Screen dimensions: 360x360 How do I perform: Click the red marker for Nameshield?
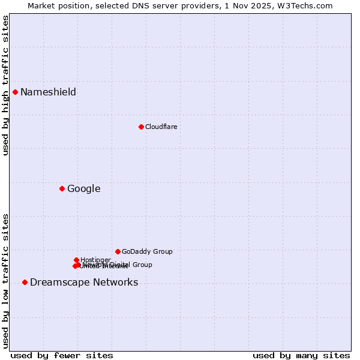[x=16, y=92]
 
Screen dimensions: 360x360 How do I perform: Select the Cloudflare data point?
[x=141, y=127]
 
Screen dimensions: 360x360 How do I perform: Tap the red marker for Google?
[x=62, y=188]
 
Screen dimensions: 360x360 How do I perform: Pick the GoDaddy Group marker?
[x=118, y=251]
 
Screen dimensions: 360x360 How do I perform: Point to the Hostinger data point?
[x=77, y=260]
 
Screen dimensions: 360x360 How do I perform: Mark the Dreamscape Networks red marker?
[x=25, y=282]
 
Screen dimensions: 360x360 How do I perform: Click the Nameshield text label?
[x=48, y=92]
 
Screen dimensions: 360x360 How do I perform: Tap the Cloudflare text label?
[x=161, y=127]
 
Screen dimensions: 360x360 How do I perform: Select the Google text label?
[x=83, y=188]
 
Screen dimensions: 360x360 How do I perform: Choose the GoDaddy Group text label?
[x=147, y=251]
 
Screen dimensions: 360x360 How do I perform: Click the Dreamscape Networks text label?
[x=84, y=282]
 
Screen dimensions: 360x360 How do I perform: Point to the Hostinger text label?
[x=95, y=260]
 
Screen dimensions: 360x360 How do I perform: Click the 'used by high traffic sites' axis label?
[x=5, y=85]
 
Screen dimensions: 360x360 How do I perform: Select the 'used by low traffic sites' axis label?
[x=5, y=281]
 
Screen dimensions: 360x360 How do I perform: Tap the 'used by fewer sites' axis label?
[x=62, y=355]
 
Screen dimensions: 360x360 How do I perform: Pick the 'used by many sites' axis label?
[x=301, y=355]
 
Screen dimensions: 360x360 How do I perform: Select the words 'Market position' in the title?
[x=56, y=5]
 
